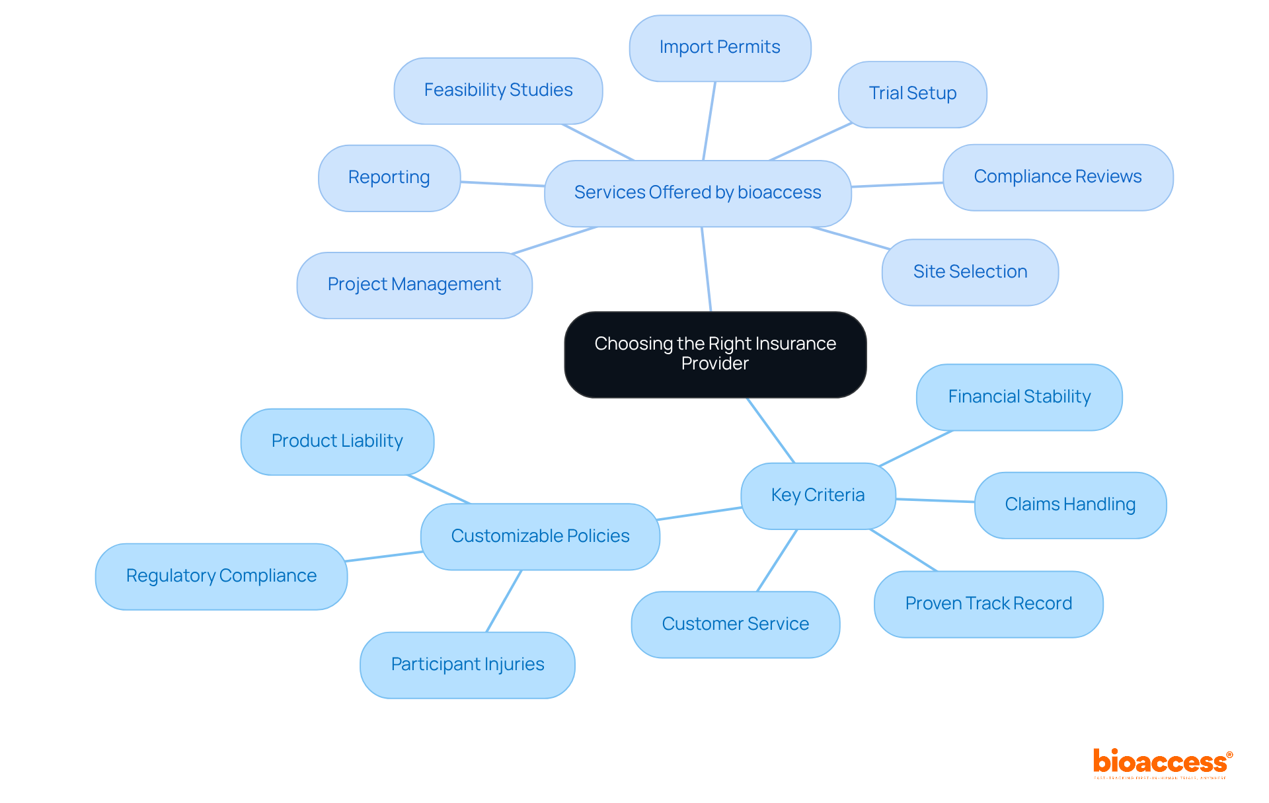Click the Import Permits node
tap(720, 48)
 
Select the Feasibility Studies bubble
tap(498, 91)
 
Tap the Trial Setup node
tap(912, 94)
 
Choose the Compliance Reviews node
tap(1057, 177)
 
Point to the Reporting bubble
tap(389, 178)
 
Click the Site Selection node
tap(970, 272)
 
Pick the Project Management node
tap(414, 285)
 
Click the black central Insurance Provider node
tap(715, 354)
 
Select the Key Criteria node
tap(818, 496)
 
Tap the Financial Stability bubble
tap(1019, 397)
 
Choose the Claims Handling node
tap(1070, 505)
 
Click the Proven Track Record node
tap(988, 604)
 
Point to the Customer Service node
tap(735, 625)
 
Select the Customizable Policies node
tap(540, 537)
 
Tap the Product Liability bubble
tap(337, 441)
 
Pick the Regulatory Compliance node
tap(221, 576)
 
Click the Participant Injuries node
tap(467, 665)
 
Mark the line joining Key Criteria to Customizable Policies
tap(700, 514)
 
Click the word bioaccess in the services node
tap(779, 192)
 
